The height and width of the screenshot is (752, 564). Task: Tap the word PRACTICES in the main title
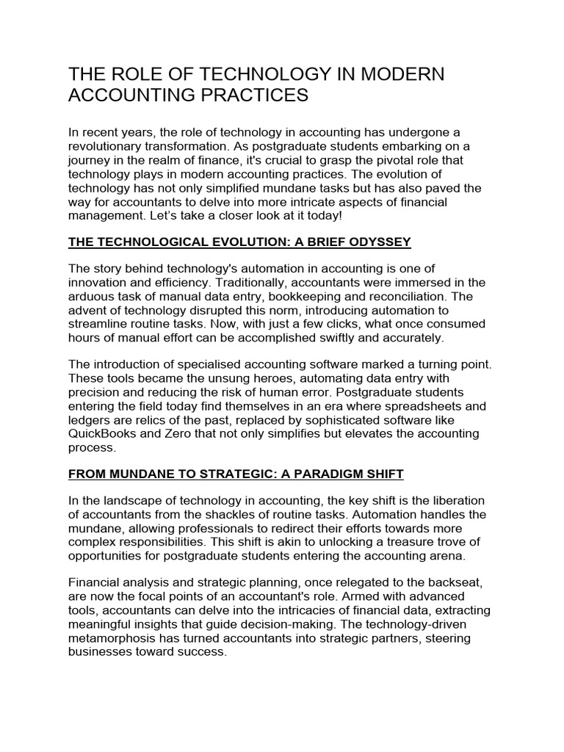[248, 95]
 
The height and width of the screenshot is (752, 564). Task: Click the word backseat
[454, 582]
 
